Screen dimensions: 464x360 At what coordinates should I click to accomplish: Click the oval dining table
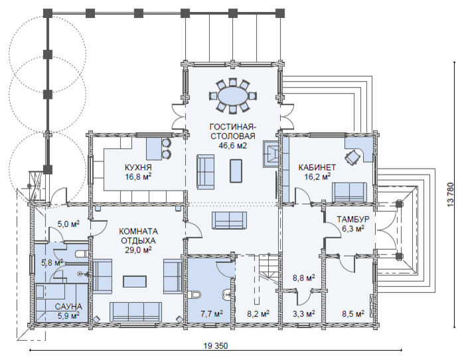click(x=233, y=96)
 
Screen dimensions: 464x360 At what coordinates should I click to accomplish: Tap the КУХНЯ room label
click(x=138, y=167)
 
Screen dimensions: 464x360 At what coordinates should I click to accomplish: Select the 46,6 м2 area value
click(x=233, y=145)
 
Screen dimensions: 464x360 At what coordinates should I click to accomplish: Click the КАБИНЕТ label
click(x=317, y=167)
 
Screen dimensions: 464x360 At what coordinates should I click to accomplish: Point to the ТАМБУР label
click(x=353, y=219)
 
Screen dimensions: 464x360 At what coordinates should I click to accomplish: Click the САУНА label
click(x=68, y=306)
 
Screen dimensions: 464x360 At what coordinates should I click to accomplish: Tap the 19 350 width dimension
click(x=216, y=346)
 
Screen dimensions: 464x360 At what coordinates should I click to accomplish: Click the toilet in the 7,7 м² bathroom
click(x=195, y=294)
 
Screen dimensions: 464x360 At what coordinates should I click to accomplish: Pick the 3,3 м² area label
click(x=303, y=314)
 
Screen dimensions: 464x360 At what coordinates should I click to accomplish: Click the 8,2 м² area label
click(x=258, y=314)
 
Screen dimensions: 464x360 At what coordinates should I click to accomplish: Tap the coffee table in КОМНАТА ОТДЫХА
click(x=135, y=281)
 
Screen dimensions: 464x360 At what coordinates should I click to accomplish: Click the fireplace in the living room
click(x=271, y=153)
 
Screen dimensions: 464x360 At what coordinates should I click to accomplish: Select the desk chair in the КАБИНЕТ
click(x=352, y=156)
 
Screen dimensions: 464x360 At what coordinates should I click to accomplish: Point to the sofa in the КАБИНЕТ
click(x=349, y=192)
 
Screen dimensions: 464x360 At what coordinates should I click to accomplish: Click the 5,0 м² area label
click(x=68, y=224)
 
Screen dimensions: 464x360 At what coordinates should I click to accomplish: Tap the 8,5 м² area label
click(x=353, y=314)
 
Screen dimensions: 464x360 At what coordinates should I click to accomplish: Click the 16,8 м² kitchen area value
click(x=138, y=177)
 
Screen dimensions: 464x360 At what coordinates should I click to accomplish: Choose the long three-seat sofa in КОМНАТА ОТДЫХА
click(x=136, y=312)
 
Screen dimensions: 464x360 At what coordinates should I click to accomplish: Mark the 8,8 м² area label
click(x=303, y=278)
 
